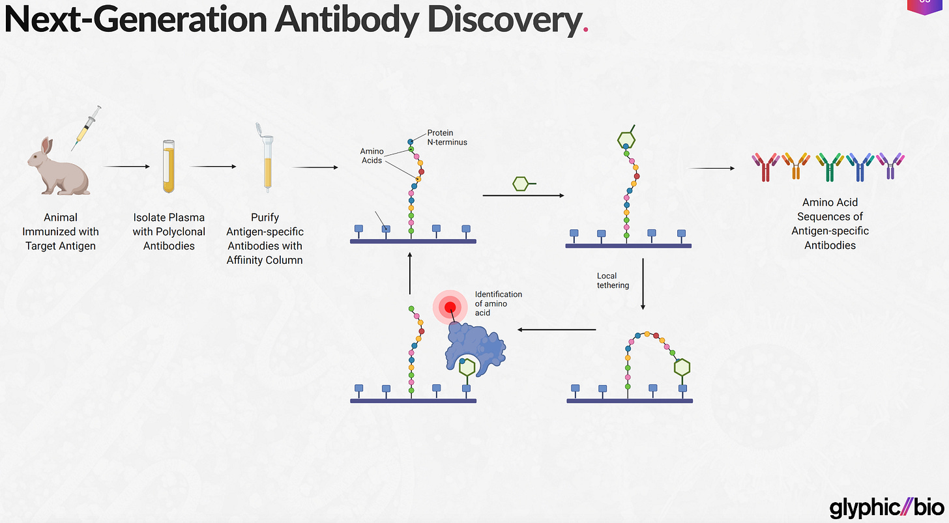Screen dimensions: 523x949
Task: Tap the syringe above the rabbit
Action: click(87, 128)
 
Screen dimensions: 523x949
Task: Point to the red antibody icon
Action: click(765, 167)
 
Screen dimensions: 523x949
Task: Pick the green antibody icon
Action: click(830, 167)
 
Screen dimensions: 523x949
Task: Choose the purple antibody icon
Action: click(890, 167)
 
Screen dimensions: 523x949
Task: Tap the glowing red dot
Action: click(450, 307)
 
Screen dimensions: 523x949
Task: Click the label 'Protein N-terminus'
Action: click(447, 137)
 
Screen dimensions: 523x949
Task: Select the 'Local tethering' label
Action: click(613, 281)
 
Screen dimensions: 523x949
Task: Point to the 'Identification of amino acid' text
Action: click(498, 304)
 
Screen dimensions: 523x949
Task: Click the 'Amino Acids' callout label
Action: click(372, 156)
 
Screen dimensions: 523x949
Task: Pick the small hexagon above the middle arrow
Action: click(521, 184)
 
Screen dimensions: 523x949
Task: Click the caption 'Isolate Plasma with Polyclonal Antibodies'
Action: click(169, 231)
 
